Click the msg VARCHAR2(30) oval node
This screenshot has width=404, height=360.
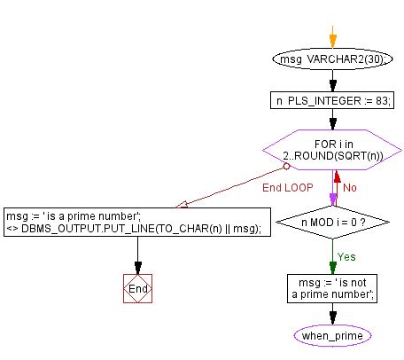tap(333, 61)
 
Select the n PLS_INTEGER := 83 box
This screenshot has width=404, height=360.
tap(333, 100)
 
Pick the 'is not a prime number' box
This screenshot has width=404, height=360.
tap(333, 287)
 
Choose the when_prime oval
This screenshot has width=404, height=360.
tap(333, 336)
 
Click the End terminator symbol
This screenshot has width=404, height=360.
tap(137, 288)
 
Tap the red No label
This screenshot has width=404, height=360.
tap(350, 187)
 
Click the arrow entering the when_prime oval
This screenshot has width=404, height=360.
tap(333, 315)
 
